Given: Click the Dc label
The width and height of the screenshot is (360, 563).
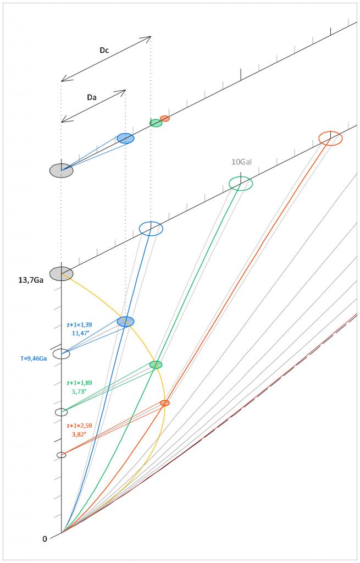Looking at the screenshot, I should pos(104,50).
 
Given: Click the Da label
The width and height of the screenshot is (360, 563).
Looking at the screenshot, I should pos(92,97).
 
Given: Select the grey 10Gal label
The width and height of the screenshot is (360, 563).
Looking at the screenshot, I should pos(241,162).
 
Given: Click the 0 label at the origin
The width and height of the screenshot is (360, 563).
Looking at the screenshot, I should pos(45,538).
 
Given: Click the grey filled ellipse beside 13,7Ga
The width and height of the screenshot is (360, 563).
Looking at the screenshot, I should pos(61,273).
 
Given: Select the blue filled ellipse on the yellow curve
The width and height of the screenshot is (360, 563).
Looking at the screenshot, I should pos(126,322).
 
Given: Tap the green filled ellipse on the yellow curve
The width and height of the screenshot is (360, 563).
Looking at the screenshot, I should pos(156,365).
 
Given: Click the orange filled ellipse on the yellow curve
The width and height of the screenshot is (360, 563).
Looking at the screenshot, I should pos(165,403).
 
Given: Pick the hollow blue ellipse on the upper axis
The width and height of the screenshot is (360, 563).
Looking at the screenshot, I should pos(151,228).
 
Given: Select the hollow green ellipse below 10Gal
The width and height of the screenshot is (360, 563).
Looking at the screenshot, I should pos(241,183).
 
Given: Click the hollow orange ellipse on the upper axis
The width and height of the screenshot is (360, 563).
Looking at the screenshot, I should pos(331,138).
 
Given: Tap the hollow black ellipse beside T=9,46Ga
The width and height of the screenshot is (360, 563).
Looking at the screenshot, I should pos(61,354).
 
